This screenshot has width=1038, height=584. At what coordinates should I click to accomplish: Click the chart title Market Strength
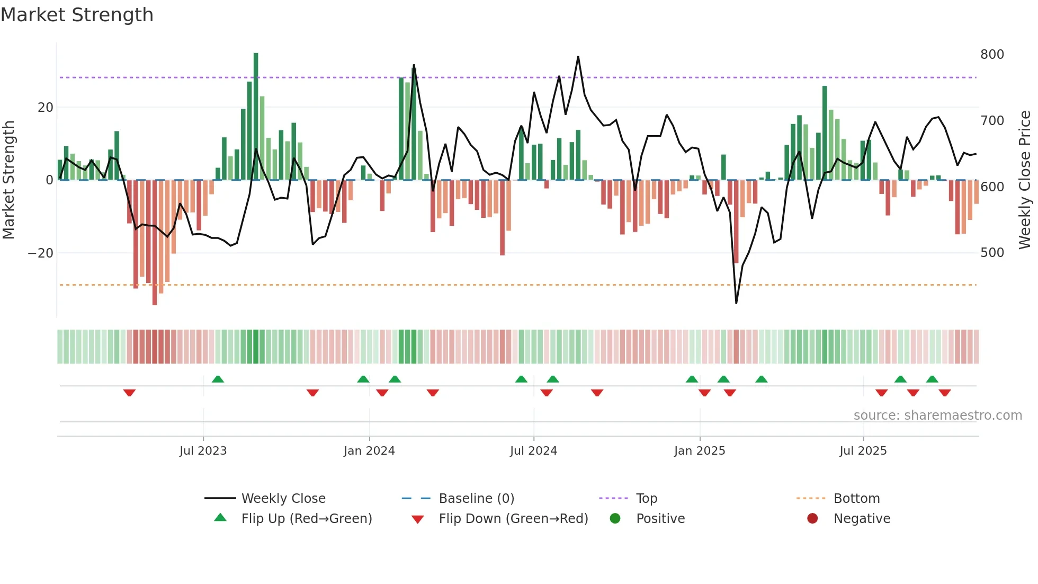coord(77,15)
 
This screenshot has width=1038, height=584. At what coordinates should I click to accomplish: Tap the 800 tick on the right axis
coord(991,55)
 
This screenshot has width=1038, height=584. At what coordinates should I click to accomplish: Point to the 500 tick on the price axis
coord(991,253)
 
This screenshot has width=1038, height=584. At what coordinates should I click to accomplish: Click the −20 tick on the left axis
coord(41,253)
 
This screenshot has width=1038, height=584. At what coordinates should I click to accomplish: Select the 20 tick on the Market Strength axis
coord(46,108)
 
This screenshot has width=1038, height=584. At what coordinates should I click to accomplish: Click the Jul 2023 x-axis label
coord(203,451)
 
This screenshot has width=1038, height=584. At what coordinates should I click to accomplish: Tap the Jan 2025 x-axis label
coord(699,451)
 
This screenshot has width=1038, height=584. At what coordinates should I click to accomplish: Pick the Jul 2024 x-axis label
coord(533,451)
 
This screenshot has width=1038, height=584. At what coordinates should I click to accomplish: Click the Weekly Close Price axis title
coord(1025,180)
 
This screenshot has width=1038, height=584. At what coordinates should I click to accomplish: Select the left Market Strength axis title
coord(8,180)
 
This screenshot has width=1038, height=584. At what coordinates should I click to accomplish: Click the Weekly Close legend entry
coord(283,499)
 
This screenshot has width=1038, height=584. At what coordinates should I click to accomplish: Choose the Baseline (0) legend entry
coord(476,499)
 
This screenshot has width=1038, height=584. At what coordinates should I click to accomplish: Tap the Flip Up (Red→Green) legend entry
coord(306,519)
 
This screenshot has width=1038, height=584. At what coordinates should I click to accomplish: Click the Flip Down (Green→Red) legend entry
coord(513,519)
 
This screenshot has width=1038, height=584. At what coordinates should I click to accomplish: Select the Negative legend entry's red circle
coord(812,518)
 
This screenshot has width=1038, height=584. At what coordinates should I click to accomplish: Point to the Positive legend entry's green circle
coord(615,518)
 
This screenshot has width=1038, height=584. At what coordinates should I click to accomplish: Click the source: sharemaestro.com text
coord(937,415)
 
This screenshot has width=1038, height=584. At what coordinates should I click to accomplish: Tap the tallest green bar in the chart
coord(256,117)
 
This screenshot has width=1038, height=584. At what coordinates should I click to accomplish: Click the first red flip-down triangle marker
coord(129,393)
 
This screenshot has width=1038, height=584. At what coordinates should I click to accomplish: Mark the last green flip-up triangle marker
coord(932,379)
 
